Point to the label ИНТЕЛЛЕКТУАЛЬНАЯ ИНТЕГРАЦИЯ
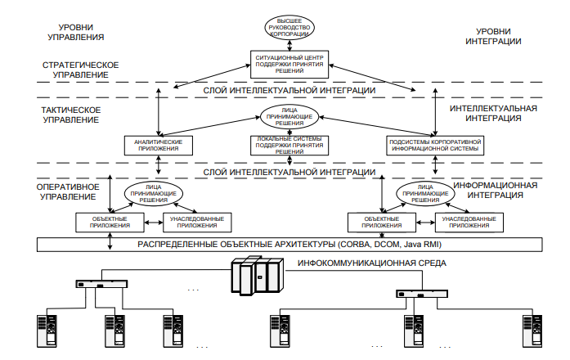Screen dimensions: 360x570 tap(493, 114)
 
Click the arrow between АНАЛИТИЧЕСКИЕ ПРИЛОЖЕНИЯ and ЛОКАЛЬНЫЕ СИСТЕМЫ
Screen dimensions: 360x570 tap(221, 145)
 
